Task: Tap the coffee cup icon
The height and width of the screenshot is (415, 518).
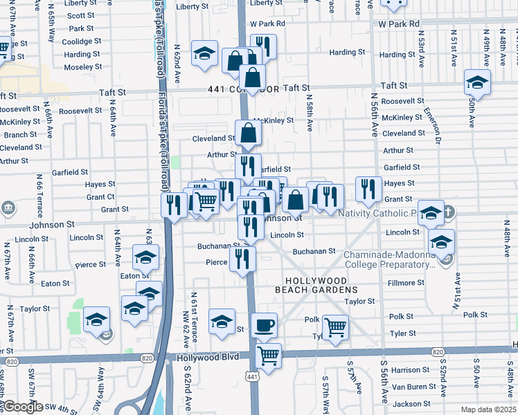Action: pyautogui.click(x=264, y=324)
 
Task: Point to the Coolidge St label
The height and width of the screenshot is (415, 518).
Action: pyautogui.click(x=82, y=41)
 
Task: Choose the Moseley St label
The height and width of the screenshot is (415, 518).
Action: pyautogui.click(x=82, y=67)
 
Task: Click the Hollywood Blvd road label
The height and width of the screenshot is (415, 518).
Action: pyautogui.click(x=207, y=357)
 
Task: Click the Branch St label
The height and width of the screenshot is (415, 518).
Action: pyautogui.click(x=20, y=135)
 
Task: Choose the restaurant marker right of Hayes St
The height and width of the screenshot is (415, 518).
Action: pyautogui.click(x=368, y=187)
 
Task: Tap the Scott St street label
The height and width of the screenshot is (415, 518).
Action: pyautogui.click(x=81, y=15)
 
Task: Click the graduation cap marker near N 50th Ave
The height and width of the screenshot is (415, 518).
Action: pyautogui.click(x=477, y=82)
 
